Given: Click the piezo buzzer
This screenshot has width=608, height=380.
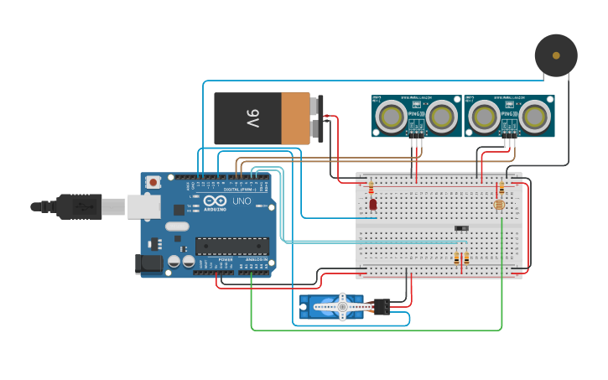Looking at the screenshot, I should (x=556, y=55).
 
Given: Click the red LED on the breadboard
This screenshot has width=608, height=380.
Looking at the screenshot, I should (x=373, y=204).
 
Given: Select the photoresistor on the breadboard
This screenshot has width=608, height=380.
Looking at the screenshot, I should (x=500, y=204).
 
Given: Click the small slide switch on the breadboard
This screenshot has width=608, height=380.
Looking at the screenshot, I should (x=461, y=228).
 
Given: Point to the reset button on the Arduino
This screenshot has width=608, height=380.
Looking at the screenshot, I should (x=153, y=182).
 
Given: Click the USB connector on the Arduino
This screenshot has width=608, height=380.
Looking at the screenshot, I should (x=143, y=207).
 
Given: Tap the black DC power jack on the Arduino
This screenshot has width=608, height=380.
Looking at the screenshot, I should (x=149, y=263).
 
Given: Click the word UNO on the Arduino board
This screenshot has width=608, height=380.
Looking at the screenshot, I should (x=241, y=201).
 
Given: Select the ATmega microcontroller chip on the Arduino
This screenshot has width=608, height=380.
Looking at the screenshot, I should (x=232, y=246).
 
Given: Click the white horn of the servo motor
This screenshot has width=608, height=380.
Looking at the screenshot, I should (x=342, y=307).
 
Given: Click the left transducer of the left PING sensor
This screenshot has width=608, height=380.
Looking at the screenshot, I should (x=390, y=117).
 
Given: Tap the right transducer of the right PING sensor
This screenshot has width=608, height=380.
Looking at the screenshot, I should (x=535, y=117).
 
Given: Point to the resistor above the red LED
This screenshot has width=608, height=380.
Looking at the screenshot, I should (x=372, y=188).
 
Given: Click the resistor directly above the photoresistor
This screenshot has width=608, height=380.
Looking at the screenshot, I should (x=501, y=189).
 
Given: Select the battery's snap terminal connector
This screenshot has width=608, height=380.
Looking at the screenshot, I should (x=317, y=118).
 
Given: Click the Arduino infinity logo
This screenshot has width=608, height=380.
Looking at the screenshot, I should (x=214, y=201).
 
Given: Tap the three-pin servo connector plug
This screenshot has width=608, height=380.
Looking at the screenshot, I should (x=382, y=307).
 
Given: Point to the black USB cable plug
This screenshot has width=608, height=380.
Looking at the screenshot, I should (x=80, y=206).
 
